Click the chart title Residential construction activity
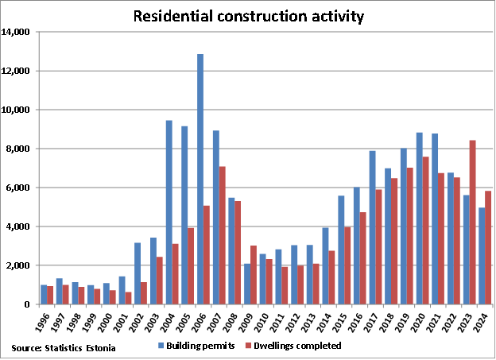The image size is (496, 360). coord(247,15)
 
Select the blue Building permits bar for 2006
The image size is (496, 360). coord(200,179)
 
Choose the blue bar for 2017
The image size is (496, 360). coord(372,227)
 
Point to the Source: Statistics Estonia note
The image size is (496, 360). coord(63,348)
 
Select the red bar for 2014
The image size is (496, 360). coord(332,277)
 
